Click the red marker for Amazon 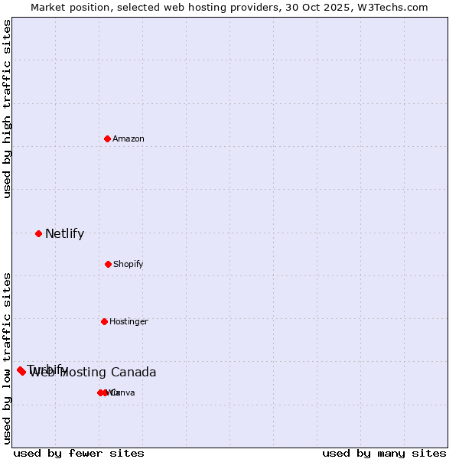point(108,138)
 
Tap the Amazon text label point(129,139)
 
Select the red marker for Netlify point(38,233)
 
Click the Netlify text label point(64,234)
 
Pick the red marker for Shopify point(108,264)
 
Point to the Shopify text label point(129,265)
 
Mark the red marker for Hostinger point(104,321)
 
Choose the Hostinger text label point(129,322)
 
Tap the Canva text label point(124,393)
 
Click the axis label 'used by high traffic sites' point(8,109)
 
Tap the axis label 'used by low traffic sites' point(8,357)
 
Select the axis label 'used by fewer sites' point(79,454)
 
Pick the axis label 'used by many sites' point(384,454)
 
